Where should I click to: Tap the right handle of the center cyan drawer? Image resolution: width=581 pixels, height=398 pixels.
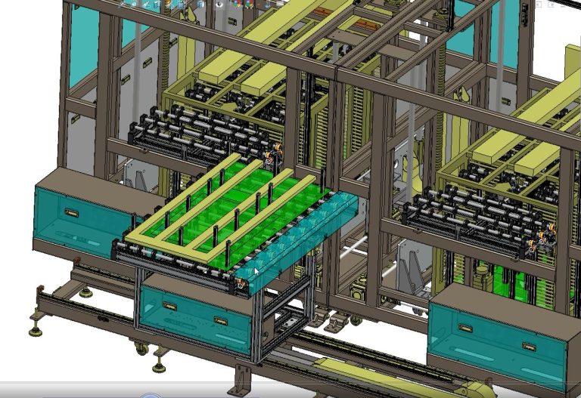coord(220,320)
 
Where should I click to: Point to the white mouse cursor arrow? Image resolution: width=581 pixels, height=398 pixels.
coord(256,272)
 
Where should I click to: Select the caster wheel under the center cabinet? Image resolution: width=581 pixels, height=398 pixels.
coord(141,348)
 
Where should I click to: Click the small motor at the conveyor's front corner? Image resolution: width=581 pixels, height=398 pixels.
coord(241,285)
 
